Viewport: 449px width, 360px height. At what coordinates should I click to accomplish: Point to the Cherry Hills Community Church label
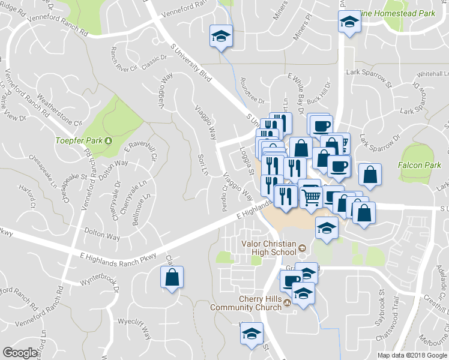click(246, 303)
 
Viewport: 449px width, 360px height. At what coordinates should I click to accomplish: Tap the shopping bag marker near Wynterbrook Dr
click(172, 278)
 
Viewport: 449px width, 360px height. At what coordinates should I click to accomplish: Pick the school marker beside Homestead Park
click(348, 23)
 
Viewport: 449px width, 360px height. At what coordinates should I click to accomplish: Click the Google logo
click(20, 353)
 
